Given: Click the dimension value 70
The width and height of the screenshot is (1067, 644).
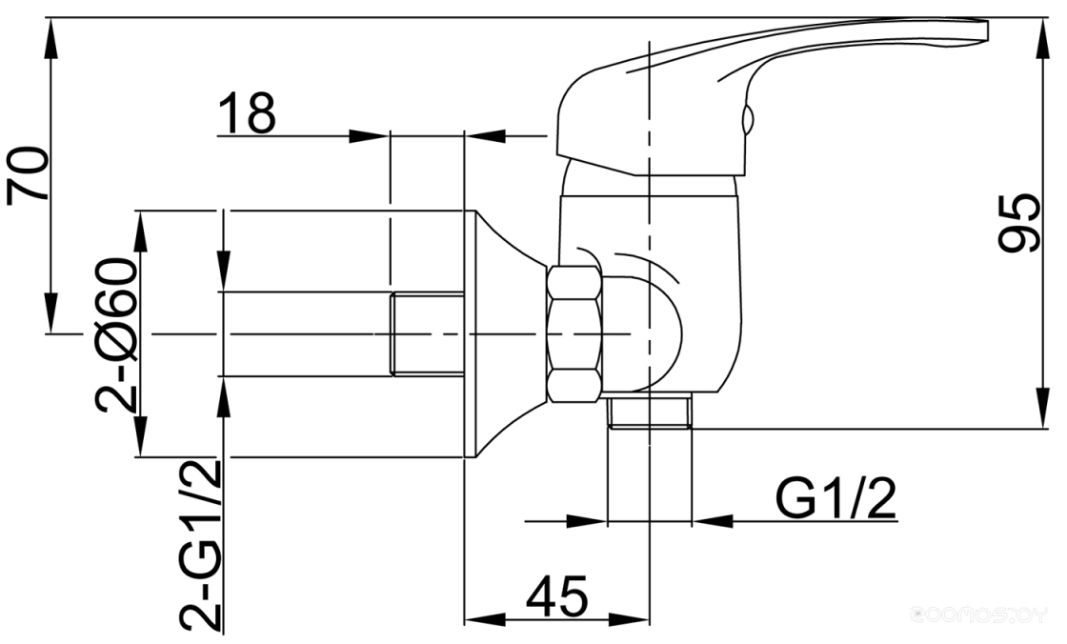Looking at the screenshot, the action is click(28, 174).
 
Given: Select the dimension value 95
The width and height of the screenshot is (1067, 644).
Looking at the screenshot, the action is click(1018, 223).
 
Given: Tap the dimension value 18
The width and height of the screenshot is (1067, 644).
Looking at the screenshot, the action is click(247, 113).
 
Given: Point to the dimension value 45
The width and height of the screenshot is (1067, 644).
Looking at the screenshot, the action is click(556, 595).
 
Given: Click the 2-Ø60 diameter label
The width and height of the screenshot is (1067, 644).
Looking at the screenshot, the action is click(117, 334).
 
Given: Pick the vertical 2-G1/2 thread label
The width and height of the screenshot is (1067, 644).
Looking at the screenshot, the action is click(201, 545).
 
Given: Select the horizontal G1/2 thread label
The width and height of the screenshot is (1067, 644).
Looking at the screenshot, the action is click(835, 498).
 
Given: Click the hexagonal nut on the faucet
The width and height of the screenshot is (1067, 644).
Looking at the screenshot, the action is click(574, 334).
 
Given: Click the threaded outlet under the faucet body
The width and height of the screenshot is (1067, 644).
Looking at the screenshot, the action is click(650, 413).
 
